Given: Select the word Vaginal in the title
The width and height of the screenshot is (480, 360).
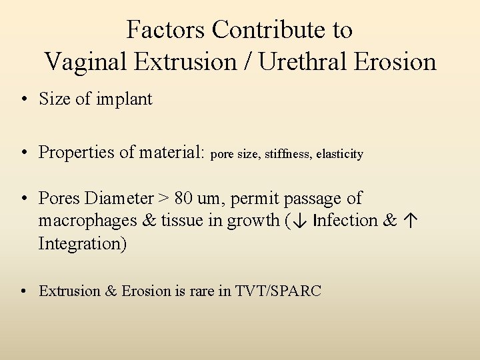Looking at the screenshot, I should pos(87,62).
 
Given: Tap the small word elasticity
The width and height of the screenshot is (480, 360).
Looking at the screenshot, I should pos(340,155).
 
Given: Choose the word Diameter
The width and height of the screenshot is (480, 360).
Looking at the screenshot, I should pos(120,198).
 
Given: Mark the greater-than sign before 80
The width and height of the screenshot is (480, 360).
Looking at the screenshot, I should pos(163,199).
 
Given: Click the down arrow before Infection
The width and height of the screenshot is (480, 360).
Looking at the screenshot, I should pos(299,221).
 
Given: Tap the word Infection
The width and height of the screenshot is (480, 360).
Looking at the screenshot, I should pos(346,221).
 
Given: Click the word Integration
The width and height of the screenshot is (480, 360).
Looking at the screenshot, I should pos(82,243).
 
